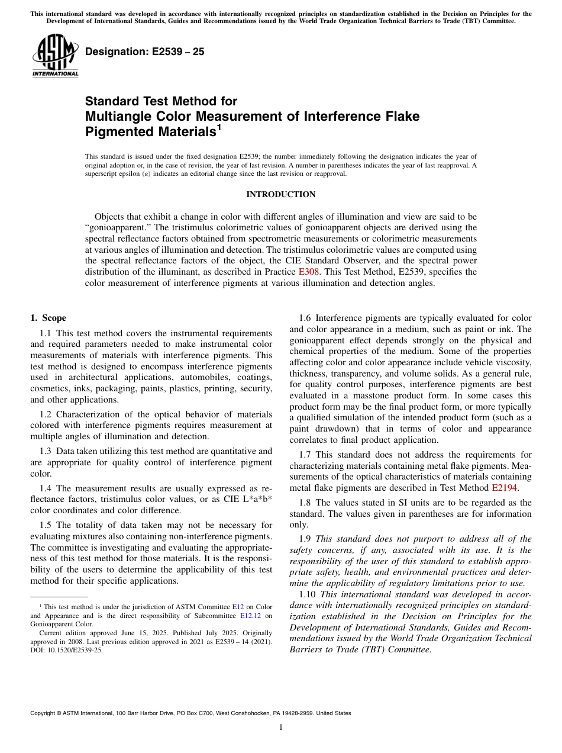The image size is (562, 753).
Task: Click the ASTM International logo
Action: pyautogui.click(x=54, y=55)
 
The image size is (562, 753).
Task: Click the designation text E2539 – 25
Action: pyautogui.click(x=144, y=52)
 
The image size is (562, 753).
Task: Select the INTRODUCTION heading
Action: pyautogui.click(x=280, y=194)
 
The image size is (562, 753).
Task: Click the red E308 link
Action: pyautogui.click(x=309, y=272)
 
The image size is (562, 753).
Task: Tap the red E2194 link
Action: pyautogui.click(x=504, y=488)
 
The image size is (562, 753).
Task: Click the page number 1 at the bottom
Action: pyautogui.click(x=281, y=728)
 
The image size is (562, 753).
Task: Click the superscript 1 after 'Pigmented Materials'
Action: pyautogui.click(x=218, y=127)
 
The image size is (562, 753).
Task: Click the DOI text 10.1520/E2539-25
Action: pyautogui.click(x=72, y=649)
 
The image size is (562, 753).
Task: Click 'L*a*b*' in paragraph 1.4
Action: pyautogui.click(x=256, y=499)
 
